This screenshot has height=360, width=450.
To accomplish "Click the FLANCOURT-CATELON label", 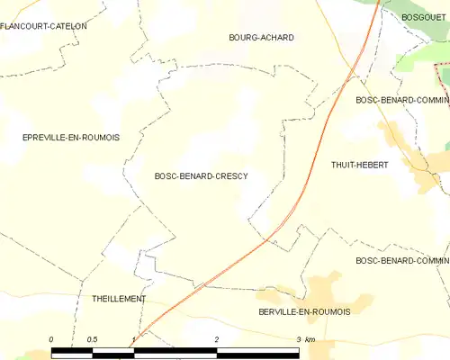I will pyautogui.click(x=44, y=26).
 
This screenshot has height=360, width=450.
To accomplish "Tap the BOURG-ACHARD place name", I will pyautogui.click(x=262, y=37).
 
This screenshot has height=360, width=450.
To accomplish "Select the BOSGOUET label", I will pyautogui.click(x=425, y=17).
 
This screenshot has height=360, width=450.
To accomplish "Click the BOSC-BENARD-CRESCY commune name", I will pyautogui.click(x=202, y=176).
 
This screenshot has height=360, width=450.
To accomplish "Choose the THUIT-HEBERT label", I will pyautogui.click(x=360, y=165).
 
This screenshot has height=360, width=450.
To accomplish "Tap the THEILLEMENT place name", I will pyautogui.click(x=119, y=298).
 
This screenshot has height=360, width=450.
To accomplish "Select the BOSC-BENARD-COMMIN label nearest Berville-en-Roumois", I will pyautogui.click(x=402, y=261).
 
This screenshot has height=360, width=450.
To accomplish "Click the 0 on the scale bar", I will pyautogui.click(x=51, y=338).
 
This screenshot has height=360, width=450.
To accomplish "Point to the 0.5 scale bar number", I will pyautogui.click(x=92, y=338).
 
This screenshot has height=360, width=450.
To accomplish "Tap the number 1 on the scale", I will pyautogui.click(x=133, y=338).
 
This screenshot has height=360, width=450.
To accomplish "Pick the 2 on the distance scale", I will pyautogui.click(x=216, y=338).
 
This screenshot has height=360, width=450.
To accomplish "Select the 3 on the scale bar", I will pyautogui.click(x=298, y=338).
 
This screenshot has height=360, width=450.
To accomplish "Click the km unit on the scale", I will pyautogui.click(x=310, y=338).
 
